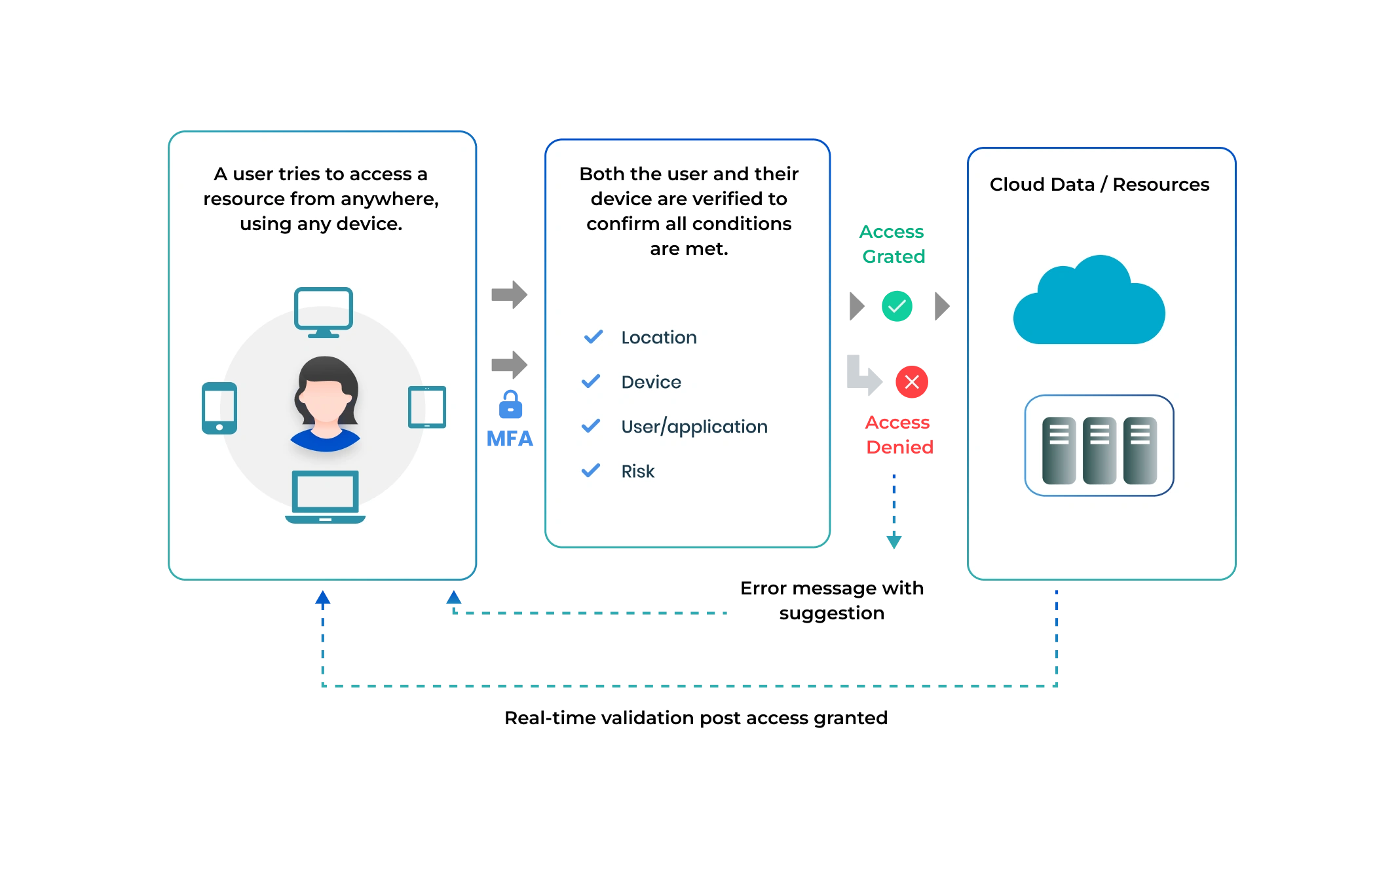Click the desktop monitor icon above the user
click(324, 311)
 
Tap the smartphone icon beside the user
click(219, 408)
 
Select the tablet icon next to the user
click(427, 407)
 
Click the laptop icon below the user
click(325, 496)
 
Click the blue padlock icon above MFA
click(510, 405)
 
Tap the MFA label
click(510, 440)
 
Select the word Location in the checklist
click(659, 338)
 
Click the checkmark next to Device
click(591, 381)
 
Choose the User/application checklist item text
click(694, 427)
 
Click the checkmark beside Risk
click(591, 471)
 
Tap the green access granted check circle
click(897, 306)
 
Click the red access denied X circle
click(912, 381)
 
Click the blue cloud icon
click(1089, 303)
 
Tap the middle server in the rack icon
click(1099, 450)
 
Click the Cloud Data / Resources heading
click(1099, 185)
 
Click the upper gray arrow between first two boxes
click(508, 294)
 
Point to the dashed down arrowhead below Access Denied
click(895, 541)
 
